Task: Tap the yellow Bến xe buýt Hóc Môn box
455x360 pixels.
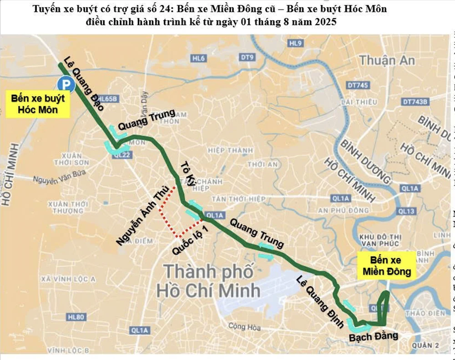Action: click(38, 104)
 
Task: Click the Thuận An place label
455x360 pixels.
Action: click(386, 60)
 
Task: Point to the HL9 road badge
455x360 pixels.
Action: click(295, 43)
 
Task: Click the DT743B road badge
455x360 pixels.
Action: click(415, 102)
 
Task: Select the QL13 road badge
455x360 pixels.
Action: click(406, 211)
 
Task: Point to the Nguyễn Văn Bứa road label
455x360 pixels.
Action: click(54, 179)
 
